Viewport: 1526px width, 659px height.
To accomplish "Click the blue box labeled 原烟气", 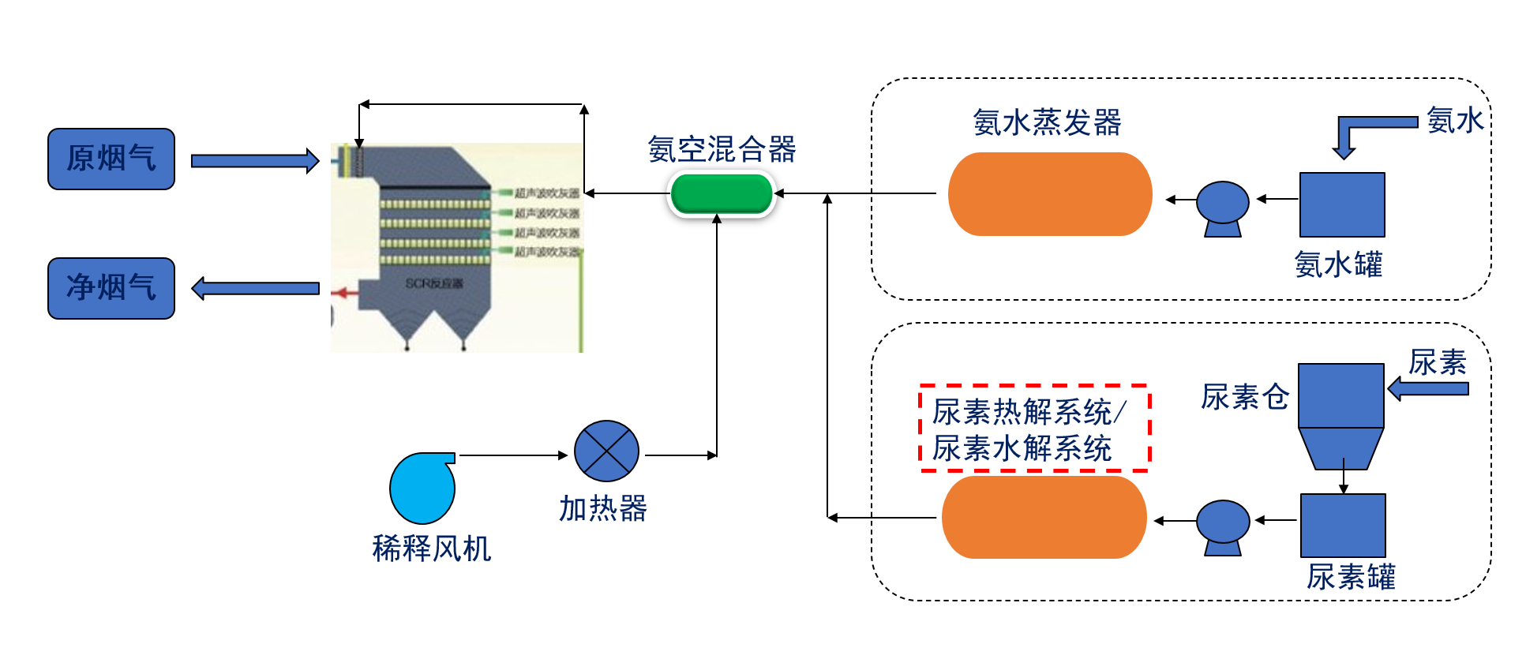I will [111, 159].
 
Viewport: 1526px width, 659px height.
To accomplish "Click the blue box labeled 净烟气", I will [111, 288].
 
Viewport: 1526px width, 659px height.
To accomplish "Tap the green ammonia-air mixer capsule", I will [721, 194].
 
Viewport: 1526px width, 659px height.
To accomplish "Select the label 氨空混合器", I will [722, 149].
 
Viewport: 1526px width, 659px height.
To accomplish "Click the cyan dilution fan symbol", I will [422, 488].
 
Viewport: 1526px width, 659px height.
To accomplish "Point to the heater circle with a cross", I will [606, 451].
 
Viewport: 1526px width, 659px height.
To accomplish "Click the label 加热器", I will [603, 509].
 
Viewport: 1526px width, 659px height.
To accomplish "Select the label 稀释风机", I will [431, 549].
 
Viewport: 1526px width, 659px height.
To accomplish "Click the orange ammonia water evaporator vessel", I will [1049, 194].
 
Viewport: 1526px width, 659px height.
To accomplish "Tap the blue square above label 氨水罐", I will [1341, 204].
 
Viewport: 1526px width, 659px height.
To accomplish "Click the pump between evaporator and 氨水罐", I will [1222, 208].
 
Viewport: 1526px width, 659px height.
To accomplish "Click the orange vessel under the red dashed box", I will [1044, 518].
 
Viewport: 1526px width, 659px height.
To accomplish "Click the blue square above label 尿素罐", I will [1342, 525].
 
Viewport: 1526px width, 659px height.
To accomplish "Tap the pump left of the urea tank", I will [1222, 526].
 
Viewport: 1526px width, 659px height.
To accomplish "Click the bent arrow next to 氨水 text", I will [1366, 130].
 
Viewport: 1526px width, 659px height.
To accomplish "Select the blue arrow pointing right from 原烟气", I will [254, 161].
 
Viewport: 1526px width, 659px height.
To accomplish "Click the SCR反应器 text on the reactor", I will [433, 283].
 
